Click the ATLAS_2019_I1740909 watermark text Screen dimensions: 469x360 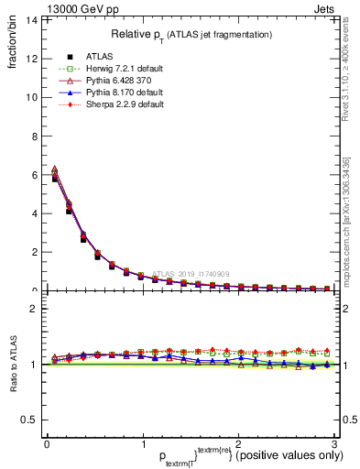tap(191, 273)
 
